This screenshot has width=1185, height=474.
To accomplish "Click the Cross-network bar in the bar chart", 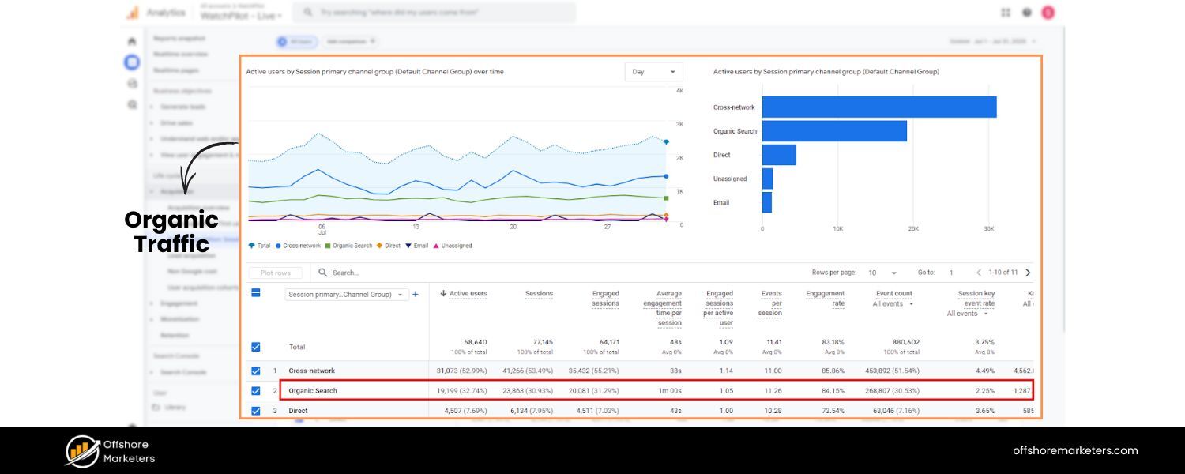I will pyautogui.click(x=878, y=107).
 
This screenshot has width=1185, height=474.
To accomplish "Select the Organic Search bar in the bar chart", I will pyautogui.click(x=833, y=131).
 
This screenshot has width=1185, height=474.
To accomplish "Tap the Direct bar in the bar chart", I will pyautogui.click(x=778, y=155).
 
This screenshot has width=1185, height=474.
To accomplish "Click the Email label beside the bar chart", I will pyautogui.click(x=721, y=202).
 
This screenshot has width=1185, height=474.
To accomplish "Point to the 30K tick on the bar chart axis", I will pyautogui.click(x=987, y=228).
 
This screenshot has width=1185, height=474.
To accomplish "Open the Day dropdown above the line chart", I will pyautogui.click(x=653, y=72).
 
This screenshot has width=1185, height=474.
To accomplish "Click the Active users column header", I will pyautogui.click(x=468, y=294).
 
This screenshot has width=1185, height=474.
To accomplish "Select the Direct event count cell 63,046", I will pyautogui.click(x=893, y=411).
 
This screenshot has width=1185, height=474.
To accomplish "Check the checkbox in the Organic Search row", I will pyautogui.click(x=255, y=390).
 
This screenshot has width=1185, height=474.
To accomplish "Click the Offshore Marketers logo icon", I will pyautogui.click(x=81, y=451).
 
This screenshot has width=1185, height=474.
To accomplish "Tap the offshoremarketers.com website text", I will pyautogui.click(x=1075, y=450).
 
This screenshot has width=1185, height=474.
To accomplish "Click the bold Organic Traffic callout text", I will pyautogui.click(x=171, y=231).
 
